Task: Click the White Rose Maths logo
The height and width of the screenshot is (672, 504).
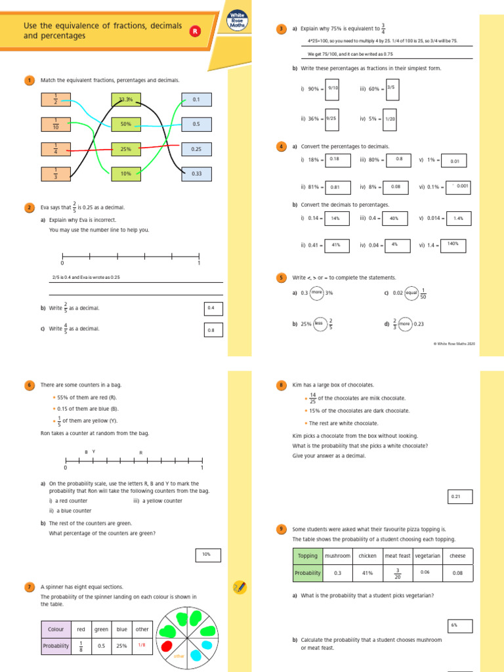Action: coord(237,20)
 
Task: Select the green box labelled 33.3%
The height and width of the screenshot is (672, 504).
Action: coord(126,100)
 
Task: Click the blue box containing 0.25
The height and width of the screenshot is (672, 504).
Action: coord(196,149)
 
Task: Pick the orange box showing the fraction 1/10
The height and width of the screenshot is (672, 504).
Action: coord(56,124)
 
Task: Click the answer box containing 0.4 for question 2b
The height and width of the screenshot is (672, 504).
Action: coord(211,308)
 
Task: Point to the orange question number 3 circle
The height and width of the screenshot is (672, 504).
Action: coord(281,29)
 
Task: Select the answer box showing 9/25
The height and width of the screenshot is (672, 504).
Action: coord(331,119)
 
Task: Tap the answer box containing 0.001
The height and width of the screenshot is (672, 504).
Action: coord(458,187)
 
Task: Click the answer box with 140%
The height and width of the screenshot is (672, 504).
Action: coord(453,243)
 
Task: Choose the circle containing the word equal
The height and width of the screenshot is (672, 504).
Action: coord(411,293)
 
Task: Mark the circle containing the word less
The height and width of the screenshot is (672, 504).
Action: coord(320,324)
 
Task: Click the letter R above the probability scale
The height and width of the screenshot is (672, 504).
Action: coord(140,452)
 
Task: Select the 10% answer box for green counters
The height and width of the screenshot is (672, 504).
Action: coord(206,555)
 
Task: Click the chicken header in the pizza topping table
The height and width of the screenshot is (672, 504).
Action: coord(367,556)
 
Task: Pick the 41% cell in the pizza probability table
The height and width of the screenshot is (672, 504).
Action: coord(367,573)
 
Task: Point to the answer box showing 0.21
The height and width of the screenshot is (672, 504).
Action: coord(456,497)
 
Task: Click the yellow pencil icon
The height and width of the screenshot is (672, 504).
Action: coord(240,586)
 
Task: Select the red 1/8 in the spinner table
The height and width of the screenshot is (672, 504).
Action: coord(142,645)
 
